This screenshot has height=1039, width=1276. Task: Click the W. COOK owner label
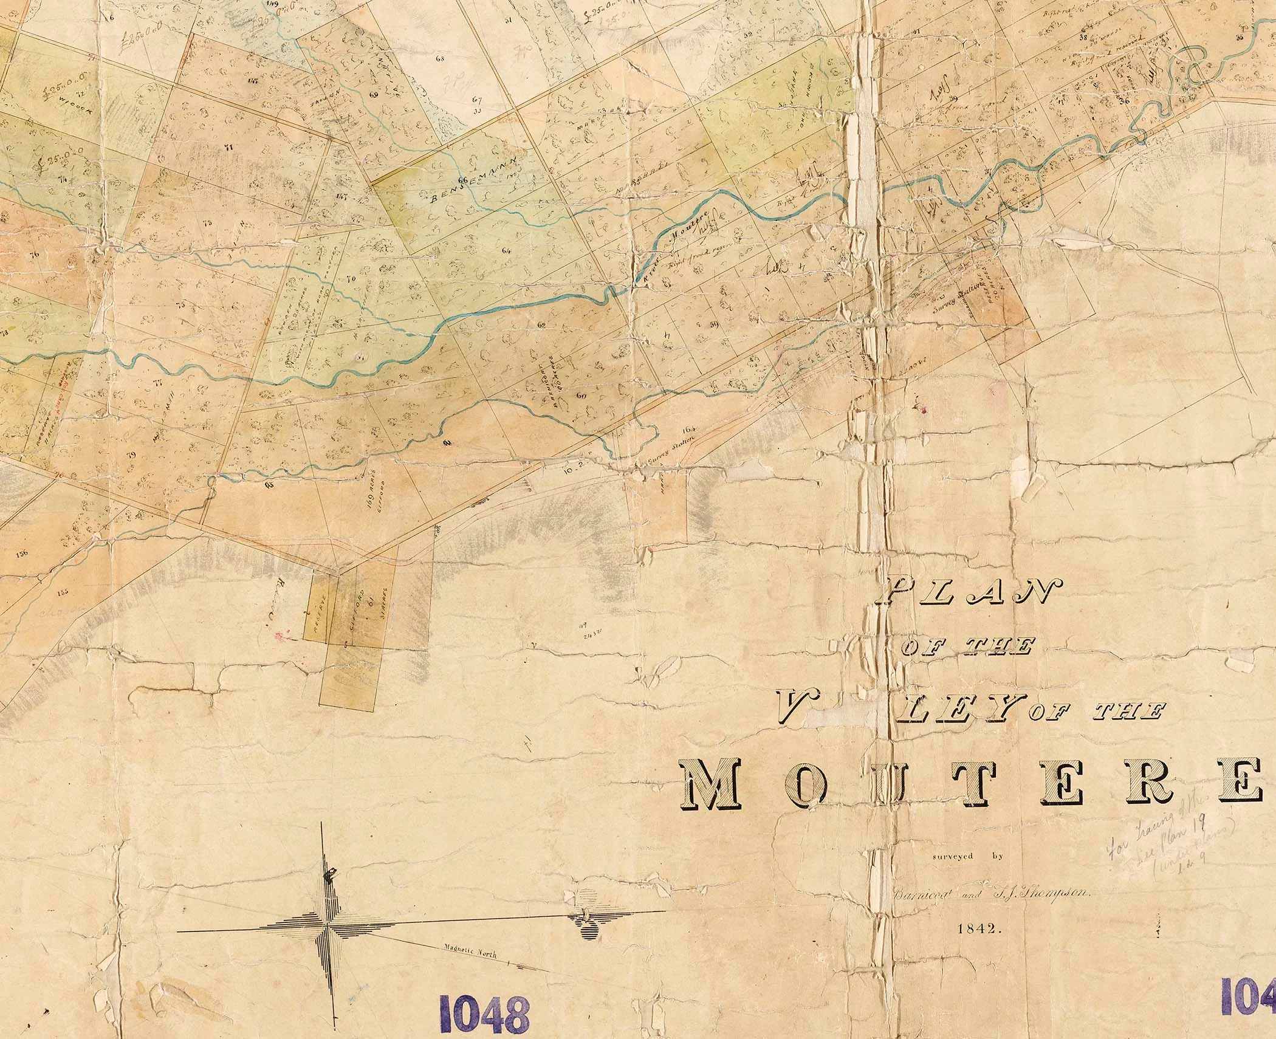(72, 103)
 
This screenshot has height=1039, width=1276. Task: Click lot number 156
(24, 553)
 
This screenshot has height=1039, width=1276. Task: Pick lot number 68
(440, 59)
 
